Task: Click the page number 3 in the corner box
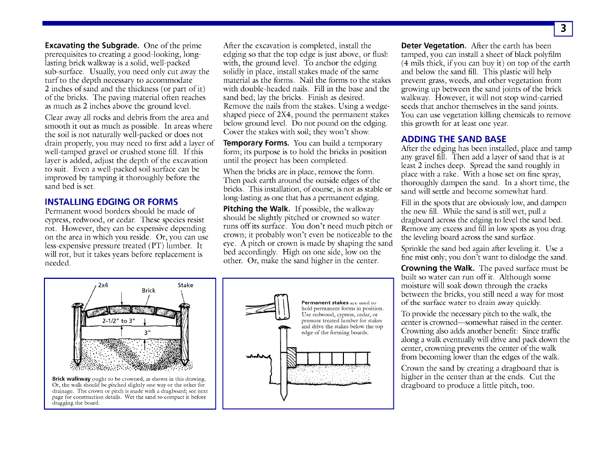click(563, 29)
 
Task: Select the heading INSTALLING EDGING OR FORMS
click(111, 202)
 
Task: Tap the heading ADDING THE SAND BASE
click(454, 139)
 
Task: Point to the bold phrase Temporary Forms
click(253, 143)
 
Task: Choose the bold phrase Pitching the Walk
click(256, 209)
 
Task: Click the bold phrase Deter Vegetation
click(434, 45)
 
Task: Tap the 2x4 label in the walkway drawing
click(103, 285)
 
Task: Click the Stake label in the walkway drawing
click(185, 285)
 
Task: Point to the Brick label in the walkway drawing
click(149, 290)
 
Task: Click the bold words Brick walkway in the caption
click(71, 379)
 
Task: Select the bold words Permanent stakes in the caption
click(325, 302)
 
